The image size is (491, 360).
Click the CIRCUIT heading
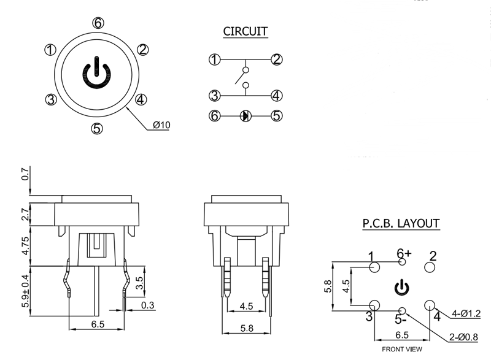tap(245, 31)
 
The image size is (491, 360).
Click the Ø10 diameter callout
tap(161, 125)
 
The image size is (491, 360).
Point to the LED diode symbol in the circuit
tap(245, 115)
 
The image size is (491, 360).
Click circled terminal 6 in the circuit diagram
tap(214, 115)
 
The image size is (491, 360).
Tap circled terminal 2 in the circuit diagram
tap(277, 59)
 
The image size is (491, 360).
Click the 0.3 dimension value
tap(147, 305)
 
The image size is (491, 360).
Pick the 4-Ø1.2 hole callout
tap(466, 314)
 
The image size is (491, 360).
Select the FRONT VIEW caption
tap(401, 350)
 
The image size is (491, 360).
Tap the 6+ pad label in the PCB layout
tap(404, 253)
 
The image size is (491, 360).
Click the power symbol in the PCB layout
tap(401, 286)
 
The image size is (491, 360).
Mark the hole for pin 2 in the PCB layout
tap(430, 268)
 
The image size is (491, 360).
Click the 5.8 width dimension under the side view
tap(245, 328)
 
